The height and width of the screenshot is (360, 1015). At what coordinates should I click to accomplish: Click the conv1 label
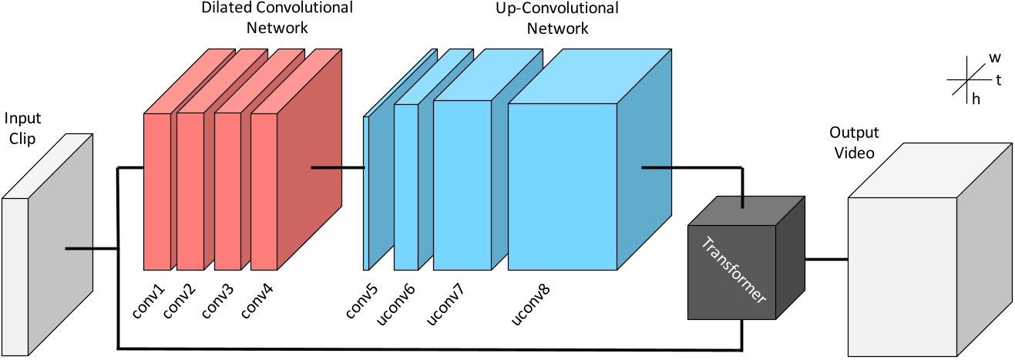151,300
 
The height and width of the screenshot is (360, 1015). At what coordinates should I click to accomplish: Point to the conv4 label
257,300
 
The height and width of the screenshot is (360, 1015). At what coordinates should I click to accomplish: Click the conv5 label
361,300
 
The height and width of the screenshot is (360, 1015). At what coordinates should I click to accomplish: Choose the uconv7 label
442,302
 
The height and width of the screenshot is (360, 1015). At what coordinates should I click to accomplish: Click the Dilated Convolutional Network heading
277,18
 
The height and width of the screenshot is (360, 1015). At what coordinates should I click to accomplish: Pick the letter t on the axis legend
998,79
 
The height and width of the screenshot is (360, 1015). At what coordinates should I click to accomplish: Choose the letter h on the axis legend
976,99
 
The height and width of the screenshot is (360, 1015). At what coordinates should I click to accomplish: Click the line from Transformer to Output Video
825,259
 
